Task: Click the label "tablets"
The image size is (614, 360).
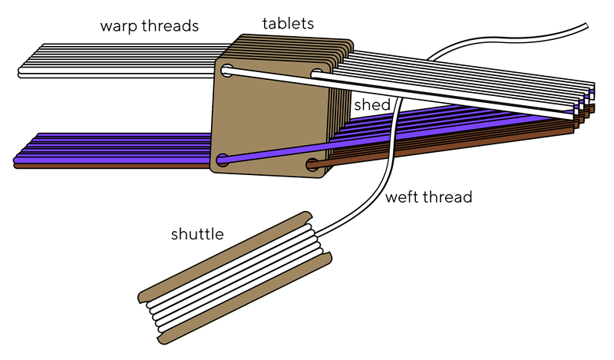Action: [x=287, y=24]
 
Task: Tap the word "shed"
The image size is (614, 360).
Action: [x=371, y=104]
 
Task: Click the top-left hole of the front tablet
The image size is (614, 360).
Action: [x=227, y=71]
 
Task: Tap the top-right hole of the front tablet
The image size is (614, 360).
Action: [x=317, y=74]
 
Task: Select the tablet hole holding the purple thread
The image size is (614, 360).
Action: [x=223, y=161]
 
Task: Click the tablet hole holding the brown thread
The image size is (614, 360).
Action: [x=312, y=164]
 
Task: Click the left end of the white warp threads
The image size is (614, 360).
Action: [x=23, y=73]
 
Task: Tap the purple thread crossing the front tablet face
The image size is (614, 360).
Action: [x=269, y=154]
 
